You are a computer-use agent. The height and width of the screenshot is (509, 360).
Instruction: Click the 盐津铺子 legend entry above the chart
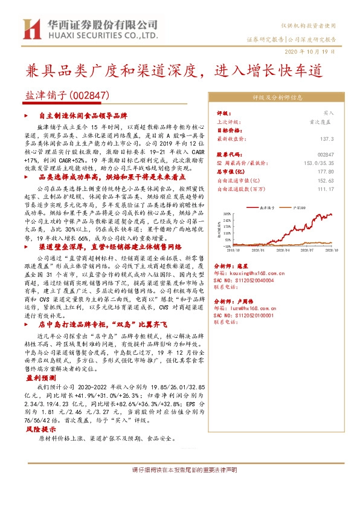266,207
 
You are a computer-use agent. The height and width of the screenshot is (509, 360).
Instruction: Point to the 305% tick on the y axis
227,213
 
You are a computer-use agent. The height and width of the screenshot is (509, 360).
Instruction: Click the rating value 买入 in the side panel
328,113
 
